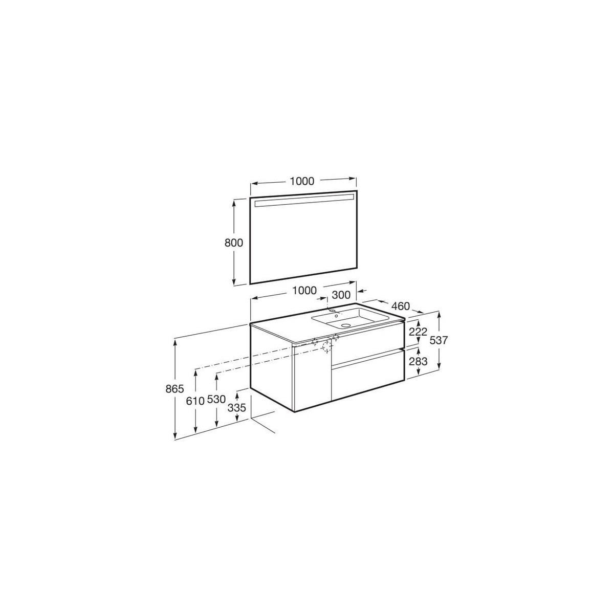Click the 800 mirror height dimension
(233, 243)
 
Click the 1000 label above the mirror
(302, 181)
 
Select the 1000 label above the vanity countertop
(304, 290)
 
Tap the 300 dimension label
(341, 295)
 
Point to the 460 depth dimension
(400, 306)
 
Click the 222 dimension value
(418, 332)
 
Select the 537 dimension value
(438, 340)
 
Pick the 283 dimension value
(418, 361)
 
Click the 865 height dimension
(175, 389)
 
